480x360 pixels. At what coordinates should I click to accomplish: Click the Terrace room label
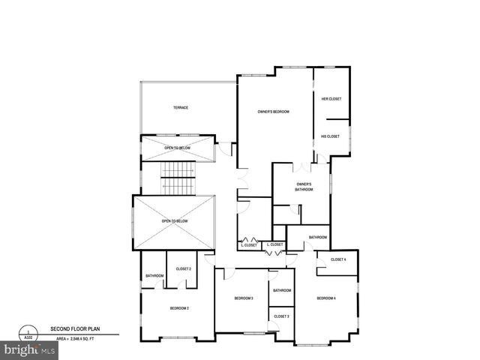(x=181, y=108)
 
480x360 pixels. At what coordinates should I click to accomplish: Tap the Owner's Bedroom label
(x=273, y=112)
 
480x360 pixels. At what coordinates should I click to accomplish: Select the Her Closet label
(x=331, y=98)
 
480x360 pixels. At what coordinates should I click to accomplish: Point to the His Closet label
(x=331, y=136)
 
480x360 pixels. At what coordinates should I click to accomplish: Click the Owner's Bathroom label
(x=304, y=187)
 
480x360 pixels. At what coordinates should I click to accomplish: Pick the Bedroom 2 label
(x=178, y=308)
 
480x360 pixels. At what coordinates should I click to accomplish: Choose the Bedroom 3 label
(x=244, y=298)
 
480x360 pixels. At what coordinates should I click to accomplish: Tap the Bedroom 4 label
(x=326, y=298)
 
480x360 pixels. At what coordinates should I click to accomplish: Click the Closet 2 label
(x=183, y=268)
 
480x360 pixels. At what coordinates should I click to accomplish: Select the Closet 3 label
(x=282, y=316)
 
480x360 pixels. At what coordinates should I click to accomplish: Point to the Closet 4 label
(x=338, y=259)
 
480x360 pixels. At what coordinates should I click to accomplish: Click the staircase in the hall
(x=178, y=180)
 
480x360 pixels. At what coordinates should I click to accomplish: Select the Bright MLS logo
(x=28, y=350)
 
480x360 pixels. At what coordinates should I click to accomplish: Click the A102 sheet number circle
(x=28, y=333)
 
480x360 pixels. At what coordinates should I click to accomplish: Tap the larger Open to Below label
(x=174, y=221)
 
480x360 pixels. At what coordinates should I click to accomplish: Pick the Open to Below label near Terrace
(x=178, y=148)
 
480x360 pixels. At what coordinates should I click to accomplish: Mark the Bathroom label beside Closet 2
(x=154, y=276)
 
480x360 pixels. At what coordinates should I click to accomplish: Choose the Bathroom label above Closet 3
(x=282, y=290)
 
